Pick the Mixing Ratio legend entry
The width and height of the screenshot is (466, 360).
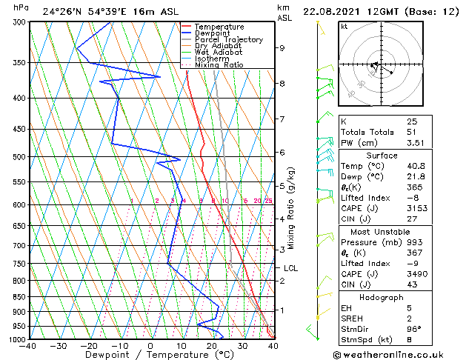(219, 65)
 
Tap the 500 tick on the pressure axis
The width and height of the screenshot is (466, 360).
(20, 157)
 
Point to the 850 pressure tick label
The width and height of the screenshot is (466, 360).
(20, 296)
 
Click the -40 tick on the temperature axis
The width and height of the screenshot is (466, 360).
(28, 346)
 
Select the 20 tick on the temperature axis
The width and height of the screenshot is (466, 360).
(212, 346)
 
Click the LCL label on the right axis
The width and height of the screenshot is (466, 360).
(290, 268)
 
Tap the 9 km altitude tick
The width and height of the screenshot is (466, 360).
(282, 48)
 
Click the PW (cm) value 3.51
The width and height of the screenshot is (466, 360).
(416, 144)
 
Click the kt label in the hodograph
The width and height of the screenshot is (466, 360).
(344, 27)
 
